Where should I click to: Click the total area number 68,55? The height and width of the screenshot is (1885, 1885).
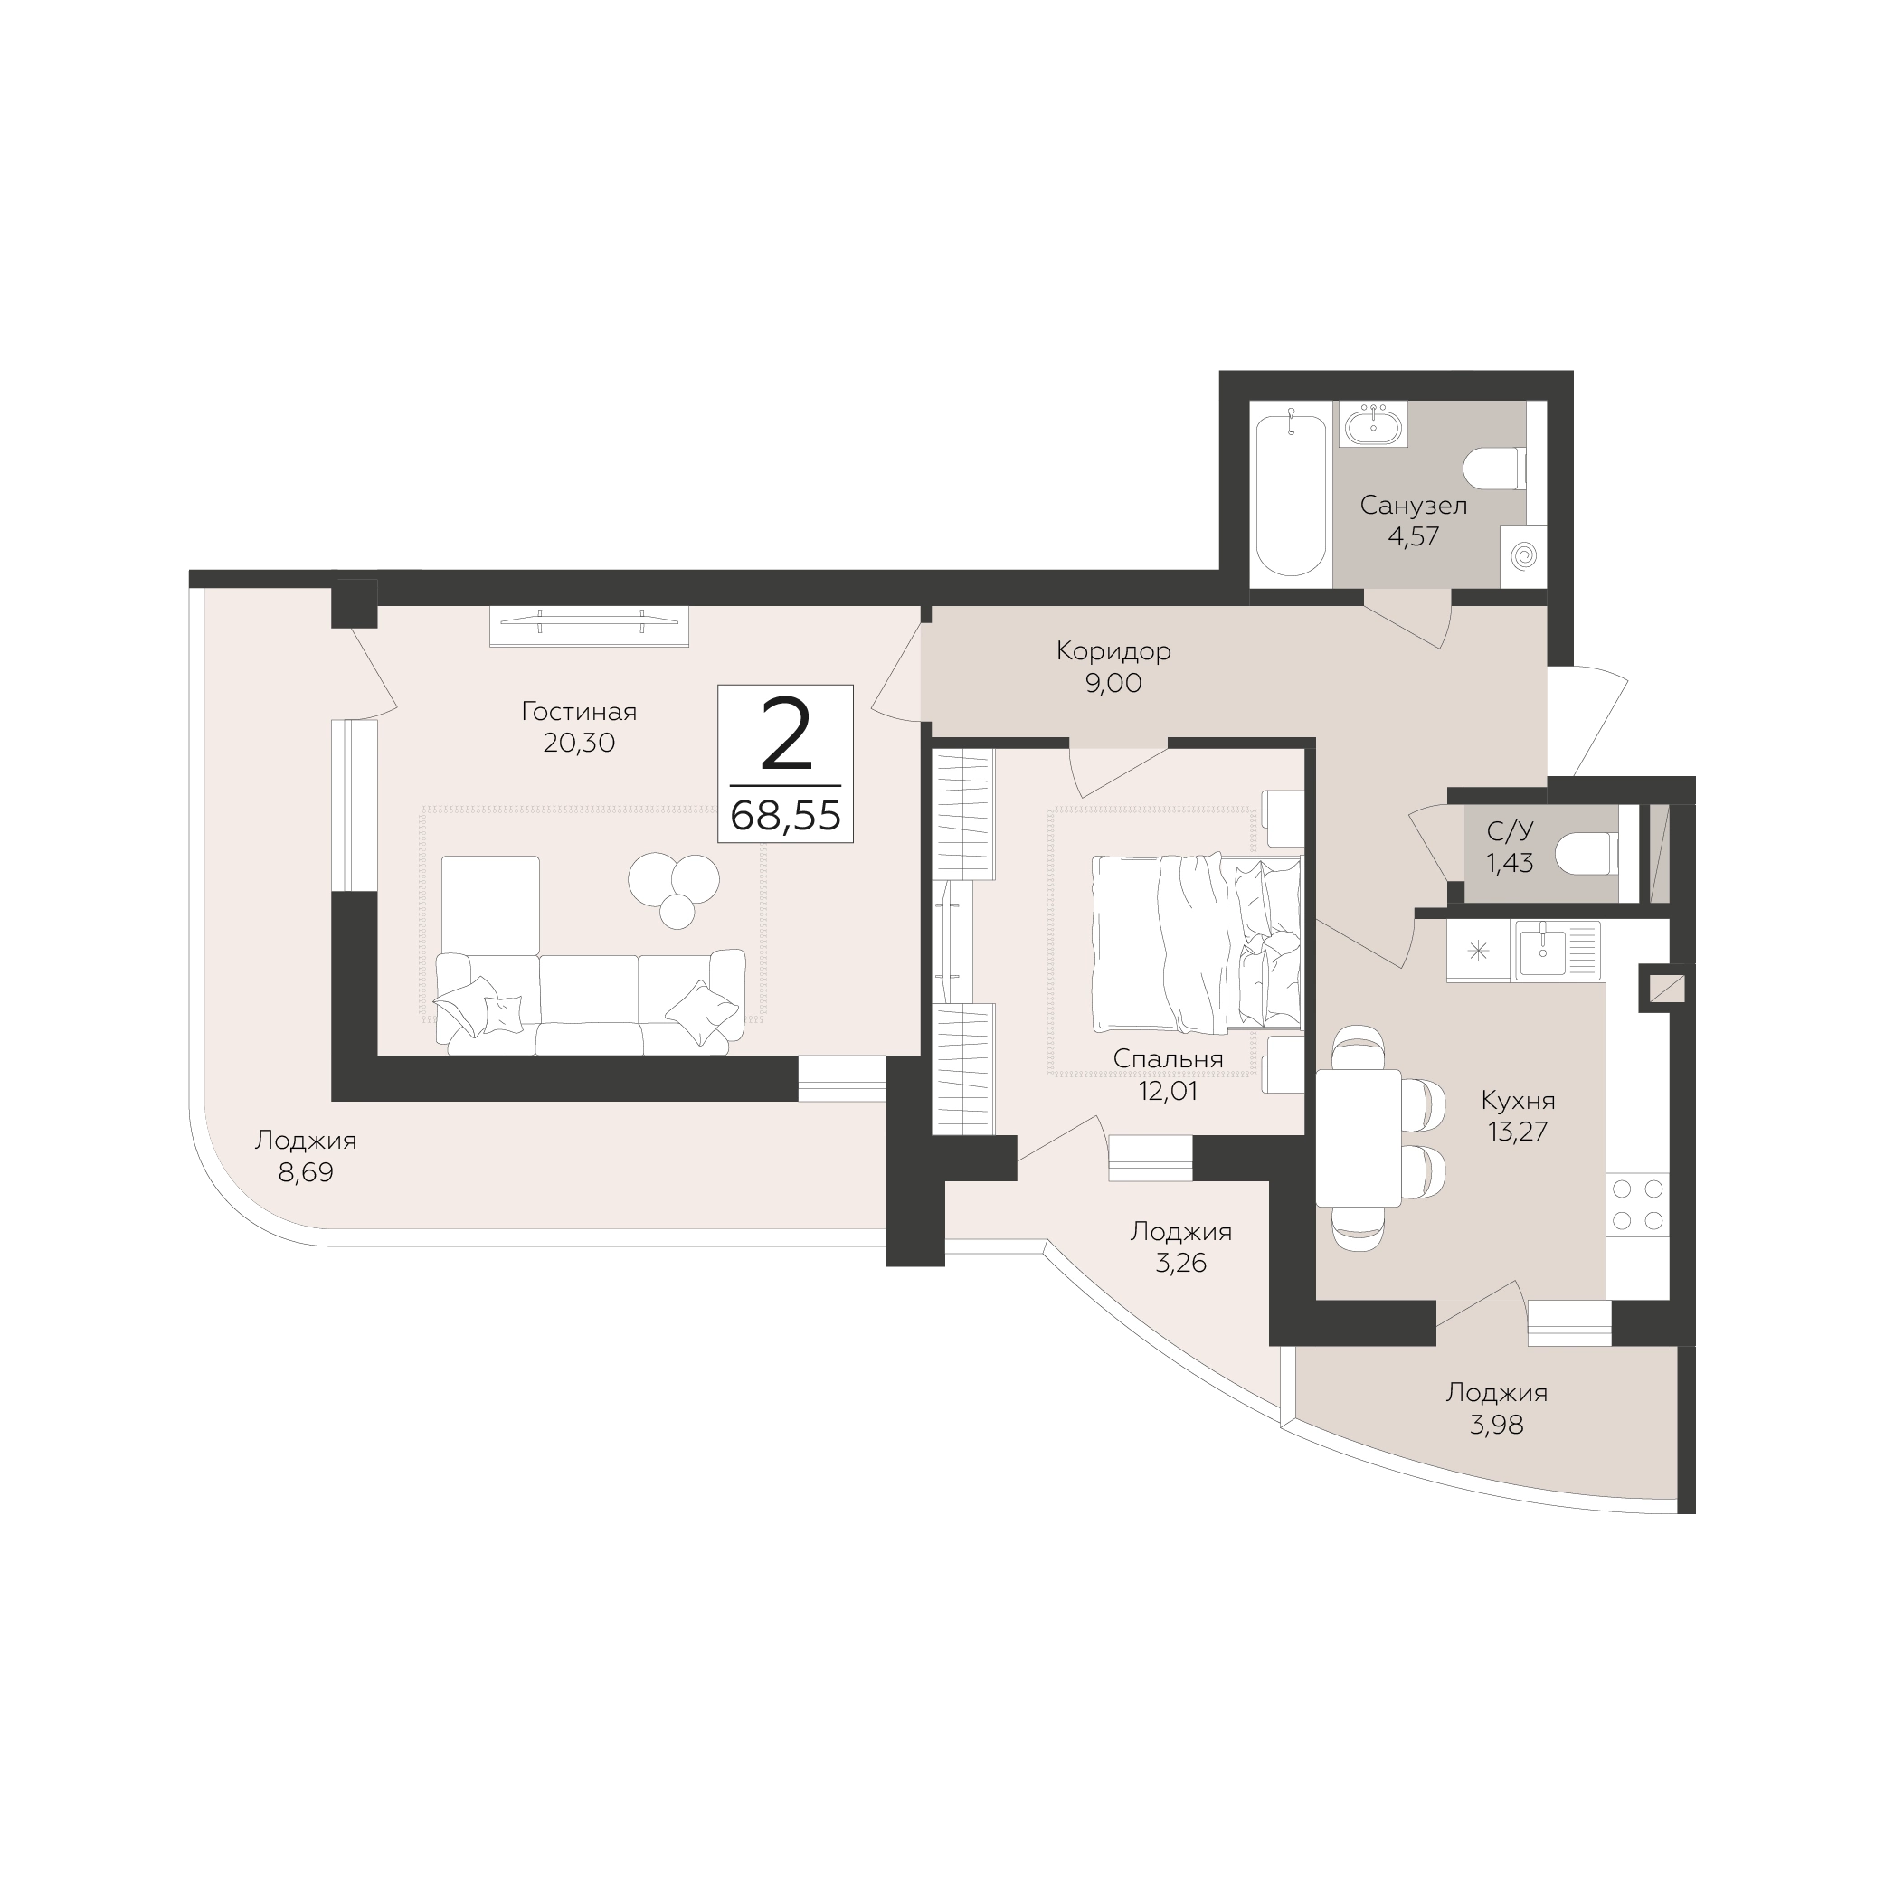pos(785,815)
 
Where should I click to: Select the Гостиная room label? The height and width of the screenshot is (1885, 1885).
pos(580,712)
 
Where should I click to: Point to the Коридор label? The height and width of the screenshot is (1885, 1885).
pos(1113,650)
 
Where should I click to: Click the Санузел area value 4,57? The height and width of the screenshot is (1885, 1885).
pos(1414,536)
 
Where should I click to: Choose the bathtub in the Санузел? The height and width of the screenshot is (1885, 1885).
pos(1291,495)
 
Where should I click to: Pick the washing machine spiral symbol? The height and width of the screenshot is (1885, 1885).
pos(1523,556)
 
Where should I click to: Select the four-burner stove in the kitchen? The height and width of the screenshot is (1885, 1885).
pos(1638,1205)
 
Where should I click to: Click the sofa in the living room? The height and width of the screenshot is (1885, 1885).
pos(590,1002)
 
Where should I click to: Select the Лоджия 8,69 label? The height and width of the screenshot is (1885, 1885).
pos(306,1156)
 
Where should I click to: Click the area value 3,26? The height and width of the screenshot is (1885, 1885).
pos(1180,1264)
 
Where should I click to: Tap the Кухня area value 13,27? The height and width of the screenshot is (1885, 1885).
pos(1518,1132)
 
